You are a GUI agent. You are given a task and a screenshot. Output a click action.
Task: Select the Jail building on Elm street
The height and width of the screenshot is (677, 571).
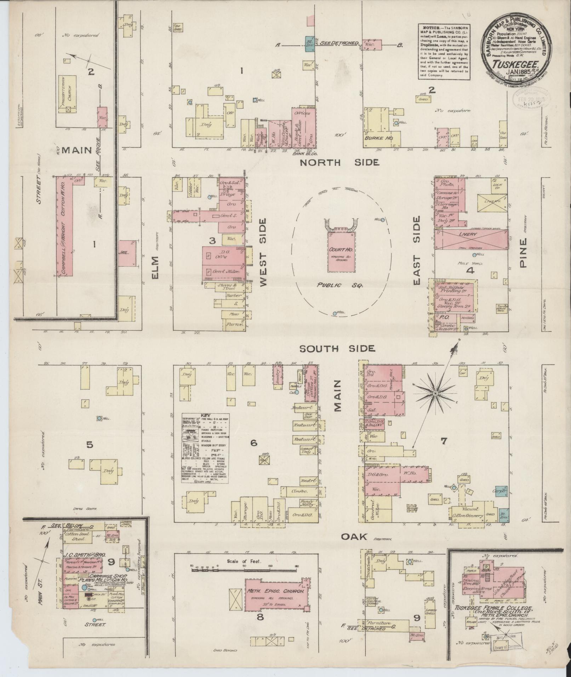[127, 253]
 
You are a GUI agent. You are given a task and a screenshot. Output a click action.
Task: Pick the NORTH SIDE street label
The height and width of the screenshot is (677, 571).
[339, 162]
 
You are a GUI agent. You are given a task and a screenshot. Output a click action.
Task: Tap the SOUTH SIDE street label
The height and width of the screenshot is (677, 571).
[337, 349]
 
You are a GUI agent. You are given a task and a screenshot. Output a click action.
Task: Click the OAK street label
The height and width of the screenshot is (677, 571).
[354, 537]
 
